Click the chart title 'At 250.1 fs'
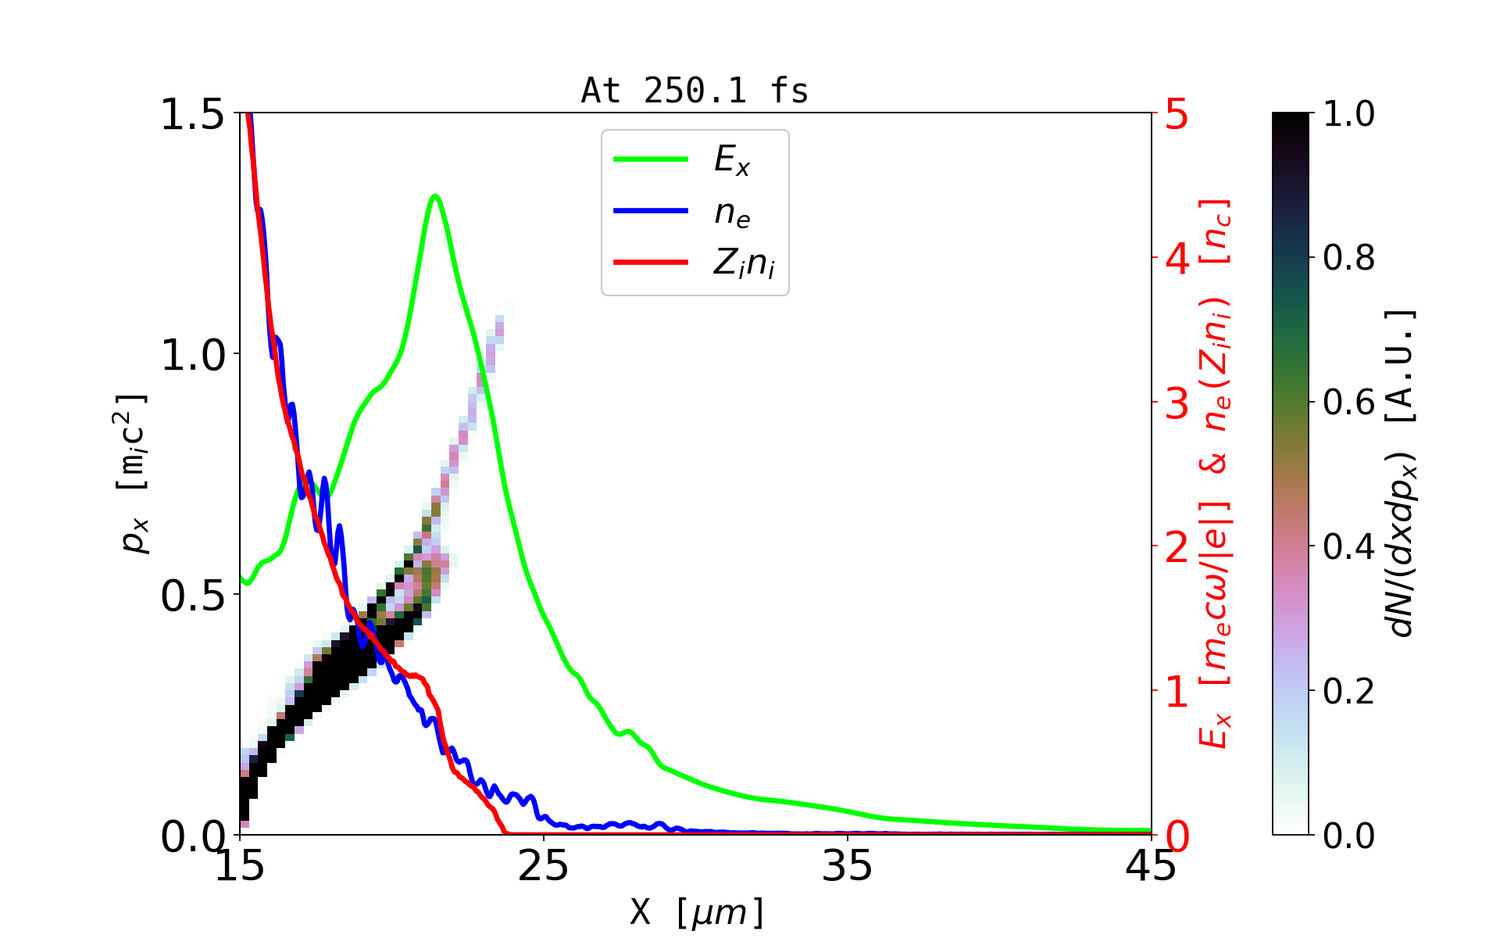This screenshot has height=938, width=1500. pos(695,91)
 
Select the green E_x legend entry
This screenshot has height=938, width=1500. pos(731,160)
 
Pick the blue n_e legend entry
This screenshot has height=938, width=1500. pos(731,212)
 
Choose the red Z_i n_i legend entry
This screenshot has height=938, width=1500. pos(743,263)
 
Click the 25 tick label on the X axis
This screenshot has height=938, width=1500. pos(544,866)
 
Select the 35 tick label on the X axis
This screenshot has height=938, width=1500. pos(848,866)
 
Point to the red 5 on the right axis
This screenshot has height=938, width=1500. pos(1177,114)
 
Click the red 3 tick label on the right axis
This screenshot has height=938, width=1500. pos(1177,403)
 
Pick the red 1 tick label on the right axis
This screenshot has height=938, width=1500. pos(1177,692)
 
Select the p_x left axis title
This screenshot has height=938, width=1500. pos(134,473)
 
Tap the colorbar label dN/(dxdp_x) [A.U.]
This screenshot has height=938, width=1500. pos(1402,473)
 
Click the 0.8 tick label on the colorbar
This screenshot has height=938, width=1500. pos(1348,258)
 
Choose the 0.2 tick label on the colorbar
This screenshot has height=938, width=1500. pos(1348,691)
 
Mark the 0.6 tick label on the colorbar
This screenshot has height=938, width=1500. pos(1348,403)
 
